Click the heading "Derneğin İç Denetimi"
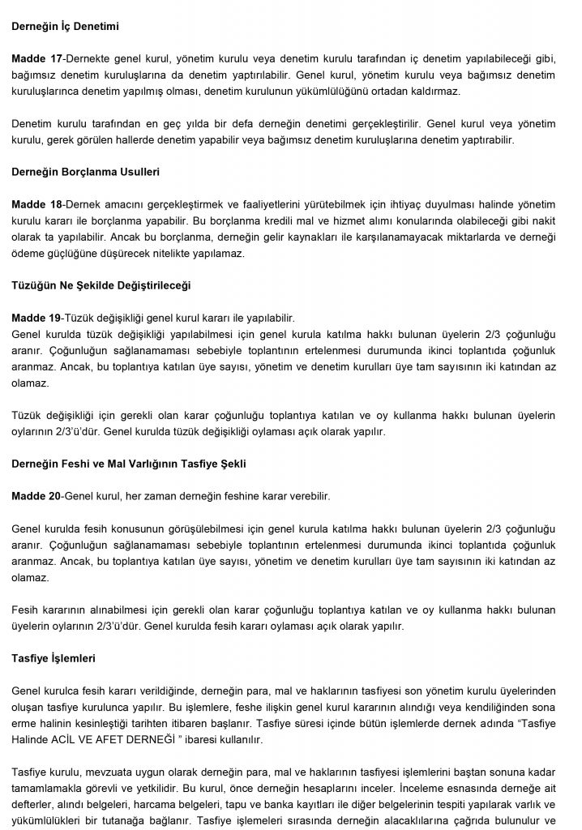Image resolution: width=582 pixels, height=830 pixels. tap(65, 26)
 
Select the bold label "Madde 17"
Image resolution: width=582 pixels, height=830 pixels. tap(35, 59)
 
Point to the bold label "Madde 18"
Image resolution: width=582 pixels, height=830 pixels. tap(35, 204)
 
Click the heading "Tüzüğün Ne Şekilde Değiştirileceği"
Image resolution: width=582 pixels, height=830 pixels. tap(101, 285)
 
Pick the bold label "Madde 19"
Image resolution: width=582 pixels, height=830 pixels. tap(35, 318)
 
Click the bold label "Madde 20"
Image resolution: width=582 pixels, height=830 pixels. tap(35, 495)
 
